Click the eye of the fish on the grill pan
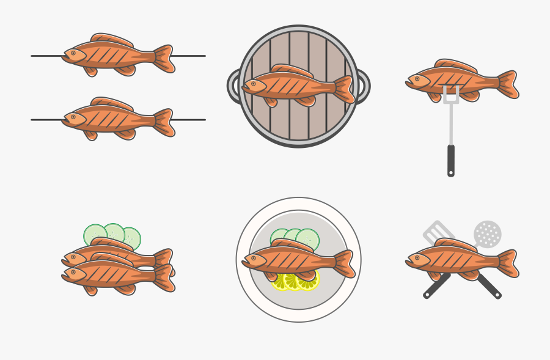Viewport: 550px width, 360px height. [253, 84]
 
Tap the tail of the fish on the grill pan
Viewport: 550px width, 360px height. [344, 89]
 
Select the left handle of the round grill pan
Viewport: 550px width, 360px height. [233, 86]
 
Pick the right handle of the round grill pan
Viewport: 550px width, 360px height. [363, 86]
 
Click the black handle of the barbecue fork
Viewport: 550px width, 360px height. [451, 160]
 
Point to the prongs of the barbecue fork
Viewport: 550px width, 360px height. [451, 95]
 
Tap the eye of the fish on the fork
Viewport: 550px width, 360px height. [417, 79]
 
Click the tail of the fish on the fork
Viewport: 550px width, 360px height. [508, 84]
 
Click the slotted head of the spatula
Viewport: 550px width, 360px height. [438, 232]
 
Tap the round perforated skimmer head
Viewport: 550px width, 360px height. [488, 233]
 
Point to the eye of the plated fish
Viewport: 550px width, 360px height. [253, 258]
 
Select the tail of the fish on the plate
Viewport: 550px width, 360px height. [344, 263]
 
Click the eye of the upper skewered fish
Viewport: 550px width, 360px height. [73, 53]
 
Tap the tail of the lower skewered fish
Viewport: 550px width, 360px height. [164, 122]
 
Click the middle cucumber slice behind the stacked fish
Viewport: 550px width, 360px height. [114, 232]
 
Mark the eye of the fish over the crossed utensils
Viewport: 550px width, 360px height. [417, 258]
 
